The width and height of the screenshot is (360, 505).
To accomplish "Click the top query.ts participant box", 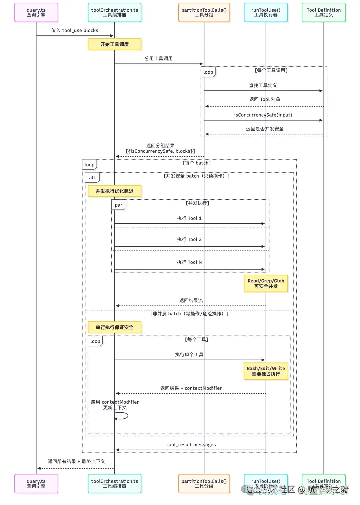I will pyautogui.click(x=36, y=12).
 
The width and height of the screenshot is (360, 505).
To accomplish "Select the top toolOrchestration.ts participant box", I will pyautogui.click(x=114, y=12).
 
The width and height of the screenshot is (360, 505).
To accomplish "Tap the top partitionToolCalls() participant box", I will pyautogui.click(x=204, y=12).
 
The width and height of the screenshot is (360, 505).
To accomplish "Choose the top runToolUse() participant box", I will pyautogui.click(x=266, y=12).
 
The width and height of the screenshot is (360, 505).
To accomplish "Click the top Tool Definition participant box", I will pyautogui.click(x=324, y=12).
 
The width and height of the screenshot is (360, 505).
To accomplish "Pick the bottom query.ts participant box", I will pyautogui.click(x=36, y=483).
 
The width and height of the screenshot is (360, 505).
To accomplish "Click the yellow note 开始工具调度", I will pyautogui.click(x=114, y=44).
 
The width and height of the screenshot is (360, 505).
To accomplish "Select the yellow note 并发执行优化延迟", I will pyautogui.click(x=114, y=191).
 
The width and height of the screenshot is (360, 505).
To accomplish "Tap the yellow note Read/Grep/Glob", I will pyautogui.click(x=266, y=283).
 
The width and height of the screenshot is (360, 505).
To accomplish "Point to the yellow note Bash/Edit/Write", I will pyautogui.click(x=266, y=371).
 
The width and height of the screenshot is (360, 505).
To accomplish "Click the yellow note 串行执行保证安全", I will pyautogui.click(x=114, y=327).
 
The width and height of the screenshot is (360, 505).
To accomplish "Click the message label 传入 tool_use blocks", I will pyautogui.click(x=74, y=30).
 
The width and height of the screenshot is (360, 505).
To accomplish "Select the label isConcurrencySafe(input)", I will pyautogui.click(x=263, y=115).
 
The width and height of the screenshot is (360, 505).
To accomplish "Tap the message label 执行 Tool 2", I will pyautogui.click(x=189, y=239).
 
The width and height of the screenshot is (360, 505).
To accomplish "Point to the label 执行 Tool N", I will pyautogui.click(x=189, y=262).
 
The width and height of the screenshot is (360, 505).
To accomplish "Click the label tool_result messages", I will pyautogui.click(x=191, y=445).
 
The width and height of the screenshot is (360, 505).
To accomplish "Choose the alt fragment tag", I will pyautogui.click(x=92, y=178).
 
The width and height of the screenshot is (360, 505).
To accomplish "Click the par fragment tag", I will pyautogui.click(x=118, y=205).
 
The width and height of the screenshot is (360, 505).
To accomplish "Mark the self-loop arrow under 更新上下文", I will pyautogui.click(x=122, y=416).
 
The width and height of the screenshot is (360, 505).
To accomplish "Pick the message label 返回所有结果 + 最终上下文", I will pyautogui.click(x=76, y=461).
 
